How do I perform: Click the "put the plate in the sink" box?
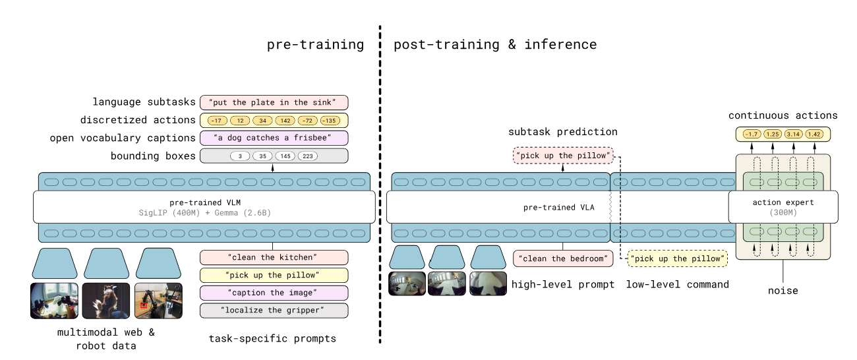pyautogui.click(x=274, y=103)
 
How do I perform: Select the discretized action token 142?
pyautogui.click(x=285, y=121)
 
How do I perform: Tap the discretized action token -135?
pyautogui.click(x=330, y=121)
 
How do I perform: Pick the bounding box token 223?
pyautogui.click(x=308, y=156)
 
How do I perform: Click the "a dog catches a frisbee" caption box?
pyautogui.click(x=274, y=138)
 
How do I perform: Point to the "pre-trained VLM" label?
pyautogui.click(x=205, y=202)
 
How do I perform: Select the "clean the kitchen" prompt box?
pyautogui.click(x=274, y=257)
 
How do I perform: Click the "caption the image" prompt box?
pyautogui.click(x=274, y=293)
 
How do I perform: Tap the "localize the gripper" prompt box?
pyautogui.click(x=274, y=311)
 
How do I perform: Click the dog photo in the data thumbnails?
pyautogui.click(x=106, y=301)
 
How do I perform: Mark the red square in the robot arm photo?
pyautogui.click(x=144, y=305)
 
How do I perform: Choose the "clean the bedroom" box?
pyautogui.click(x=563, y=258)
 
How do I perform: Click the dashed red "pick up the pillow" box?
pyautogui.click(x=563, y=156)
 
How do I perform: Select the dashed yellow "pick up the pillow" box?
pyautogui.click(x=678, y=258)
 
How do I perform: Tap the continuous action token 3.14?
pyautogui.click(x=794, y=135)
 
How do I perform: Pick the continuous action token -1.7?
pyautogui.click(x=752, y=135)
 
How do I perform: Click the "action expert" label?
pyautogui.click(x=783, y=202)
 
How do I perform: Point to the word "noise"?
pyautogui.click(x=783, y=291)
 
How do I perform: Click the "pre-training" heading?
pyautogui.click(x=315, y=45)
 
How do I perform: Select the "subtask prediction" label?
pyautogui.click(x=563, y=132)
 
